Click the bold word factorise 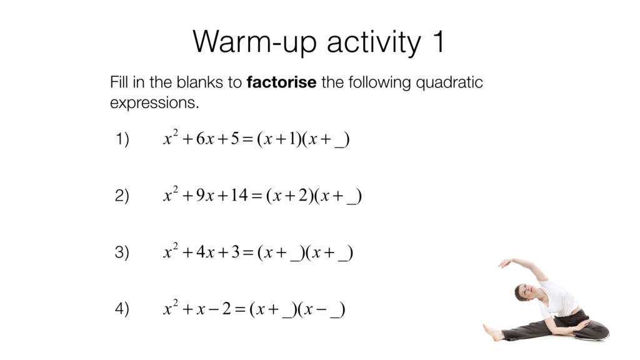point(281,82)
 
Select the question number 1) point(122,140)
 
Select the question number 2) point(122,196)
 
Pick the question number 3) point(122,252)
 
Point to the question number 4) point(122,309)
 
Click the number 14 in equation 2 point(239,196)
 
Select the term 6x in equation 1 point(205,140)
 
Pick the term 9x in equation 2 point(205,196)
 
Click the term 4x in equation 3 point(205,252)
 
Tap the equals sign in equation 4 point(239,309)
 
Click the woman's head point(523,292)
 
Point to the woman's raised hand point(504,264)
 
